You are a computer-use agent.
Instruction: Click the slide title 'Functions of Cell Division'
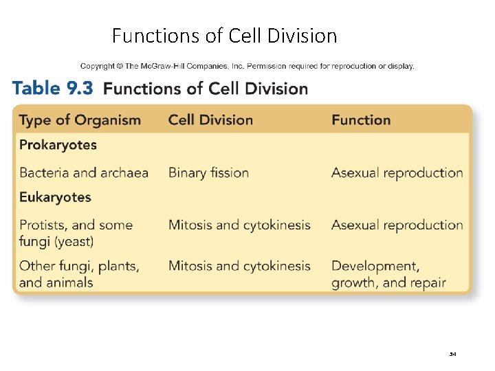point(224,35)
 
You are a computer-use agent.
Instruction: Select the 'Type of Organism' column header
point(80,120)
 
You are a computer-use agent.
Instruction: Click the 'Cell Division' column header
point(210,120)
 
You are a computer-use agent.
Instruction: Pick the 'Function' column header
point(361,120)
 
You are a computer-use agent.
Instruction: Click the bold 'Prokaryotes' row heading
point(58,145)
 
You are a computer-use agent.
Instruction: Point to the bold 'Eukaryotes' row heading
point(55,197)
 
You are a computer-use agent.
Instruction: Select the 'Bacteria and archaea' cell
point(84,172)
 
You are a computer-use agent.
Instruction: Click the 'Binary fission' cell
point(208,172)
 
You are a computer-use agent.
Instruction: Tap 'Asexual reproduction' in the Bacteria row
point(397,172)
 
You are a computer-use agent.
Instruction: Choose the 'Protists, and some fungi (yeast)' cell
point(76,233)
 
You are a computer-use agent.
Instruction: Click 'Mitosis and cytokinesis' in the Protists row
point(239,225)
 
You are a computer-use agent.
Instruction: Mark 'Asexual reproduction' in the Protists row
point(397,225)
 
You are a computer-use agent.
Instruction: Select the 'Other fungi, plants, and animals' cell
point(79,274)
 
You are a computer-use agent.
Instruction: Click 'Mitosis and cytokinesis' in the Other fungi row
point(239,266)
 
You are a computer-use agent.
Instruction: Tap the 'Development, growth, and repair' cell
point(388,274)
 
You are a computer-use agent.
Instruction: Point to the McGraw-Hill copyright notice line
point(247,67)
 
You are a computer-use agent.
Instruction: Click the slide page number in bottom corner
point(452,355)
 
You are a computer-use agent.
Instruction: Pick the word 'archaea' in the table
point(124,172)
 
